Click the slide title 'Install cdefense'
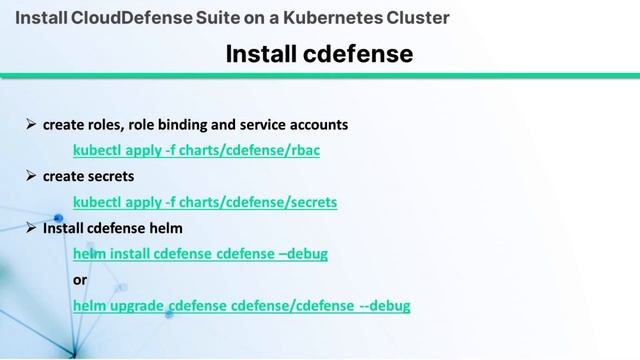(319, 53)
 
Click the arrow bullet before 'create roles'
(31, 125)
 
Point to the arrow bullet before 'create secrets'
(31, 176)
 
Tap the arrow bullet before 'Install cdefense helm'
(31, 228)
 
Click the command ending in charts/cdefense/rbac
(196, 150)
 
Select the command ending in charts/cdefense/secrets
(205, 202)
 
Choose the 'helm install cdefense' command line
(200, 254)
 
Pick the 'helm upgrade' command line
(241, 305)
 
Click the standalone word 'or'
(80, 279)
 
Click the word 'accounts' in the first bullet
(319, 125)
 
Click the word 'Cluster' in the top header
(420, 18)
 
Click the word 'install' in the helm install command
(129, 254)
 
